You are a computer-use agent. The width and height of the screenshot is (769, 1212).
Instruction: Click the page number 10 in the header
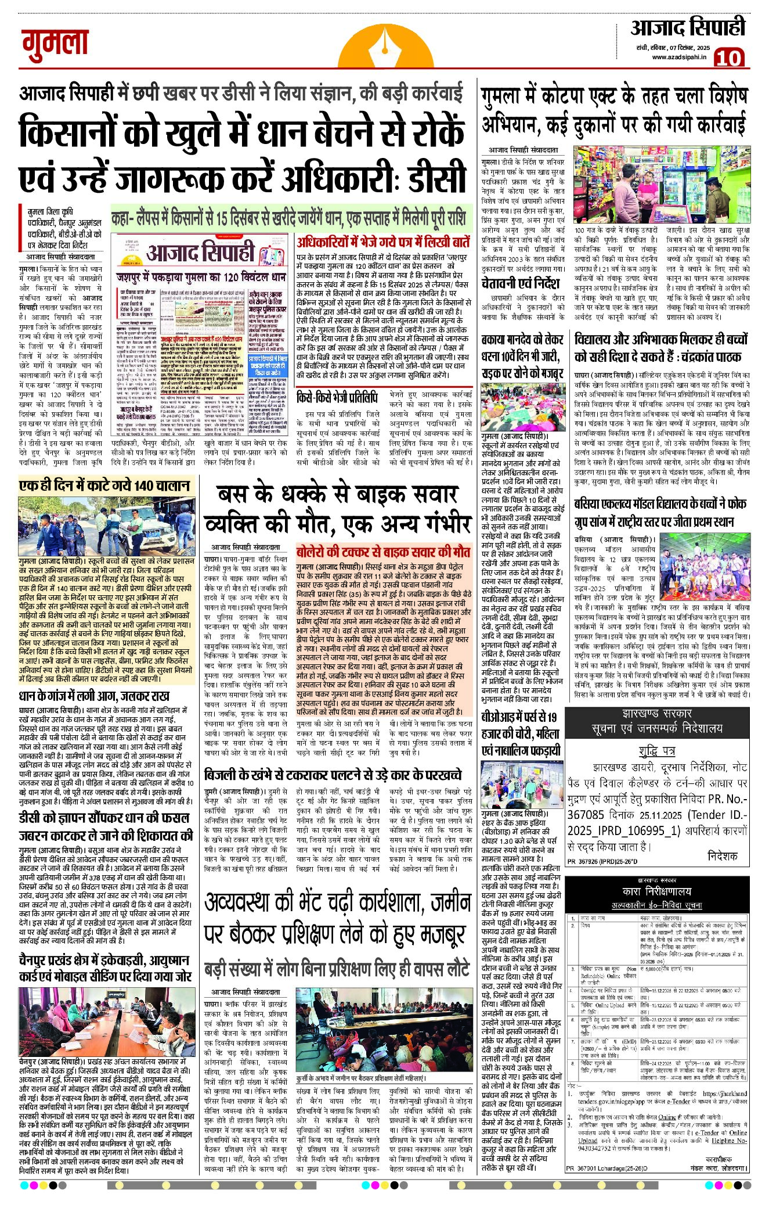click(728, 58)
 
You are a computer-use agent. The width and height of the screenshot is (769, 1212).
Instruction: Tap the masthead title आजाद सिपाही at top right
click(688, 28)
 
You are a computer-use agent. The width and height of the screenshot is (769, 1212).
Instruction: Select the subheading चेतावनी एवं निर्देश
click(521, 284)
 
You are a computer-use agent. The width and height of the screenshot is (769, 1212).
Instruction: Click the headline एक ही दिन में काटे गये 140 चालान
click(104, 485)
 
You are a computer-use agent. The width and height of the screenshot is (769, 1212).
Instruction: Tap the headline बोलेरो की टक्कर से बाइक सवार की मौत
click(383, 551)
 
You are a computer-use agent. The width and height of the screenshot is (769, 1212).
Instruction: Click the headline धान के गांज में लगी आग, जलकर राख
click(94, 696)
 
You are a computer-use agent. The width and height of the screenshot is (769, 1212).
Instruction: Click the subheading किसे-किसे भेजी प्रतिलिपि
click(337, 398)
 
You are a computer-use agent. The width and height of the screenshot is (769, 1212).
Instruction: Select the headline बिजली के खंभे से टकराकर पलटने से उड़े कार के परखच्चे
click(333, 775)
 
